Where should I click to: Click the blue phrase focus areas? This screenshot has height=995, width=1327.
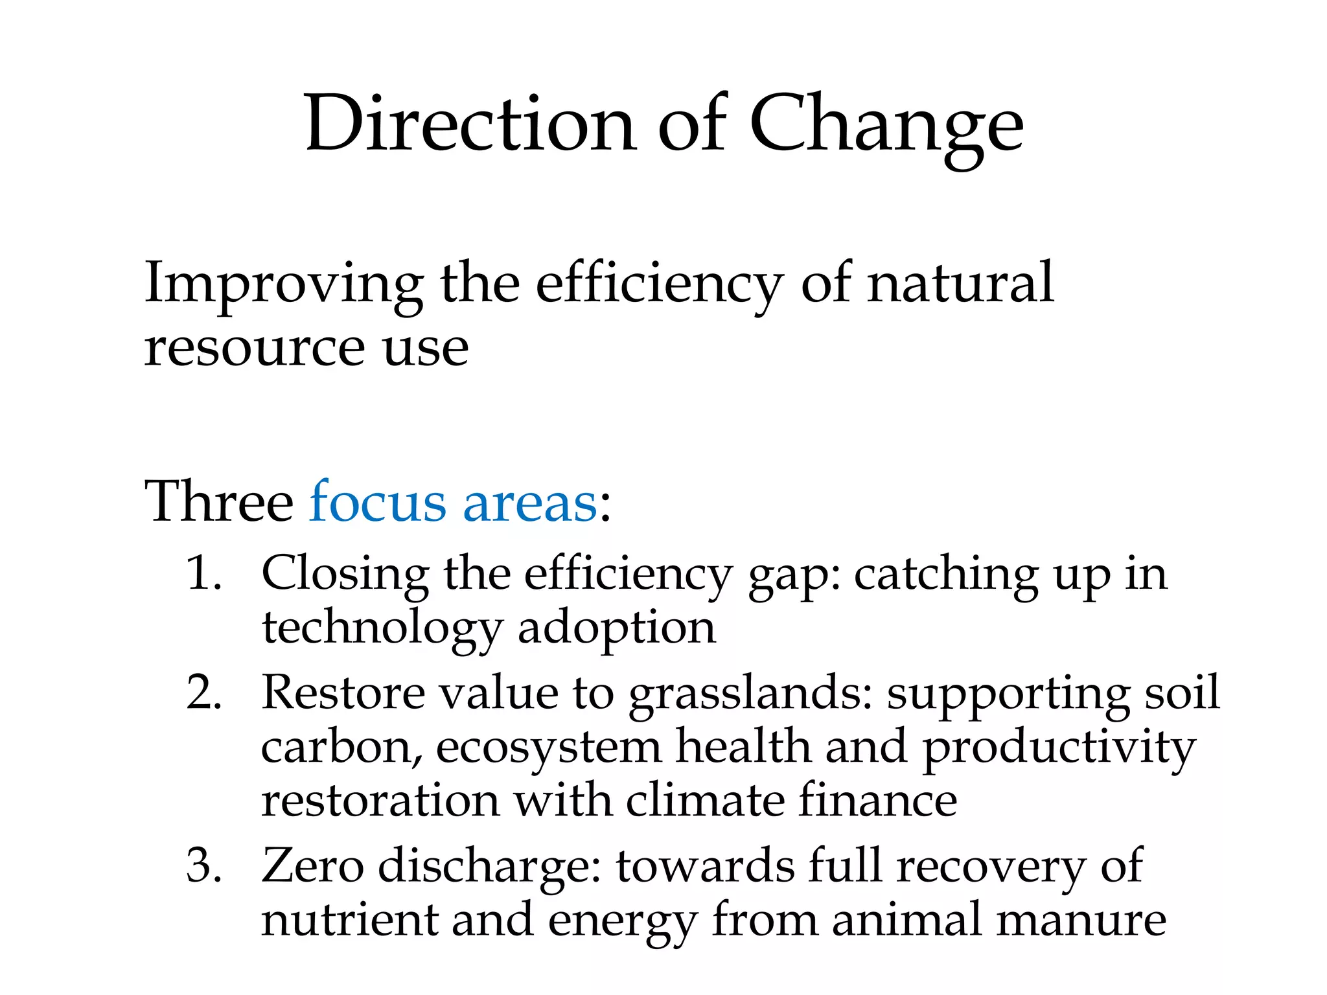(x=453, y=502)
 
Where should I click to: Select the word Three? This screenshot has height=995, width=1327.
(x=219, y=502)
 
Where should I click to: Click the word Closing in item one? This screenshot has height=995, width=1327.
(x=345, y=574)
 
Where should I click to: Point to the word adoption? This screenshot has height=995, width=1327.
(x=617, y=628)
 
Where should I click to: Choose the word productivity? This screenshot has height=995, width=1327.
(x=1059, y=748)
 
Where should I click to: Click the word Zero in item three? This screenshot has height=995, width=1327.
(x=312, y=865)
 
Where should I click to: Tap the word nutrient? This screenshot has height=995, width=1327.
(x=350, y=920)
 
